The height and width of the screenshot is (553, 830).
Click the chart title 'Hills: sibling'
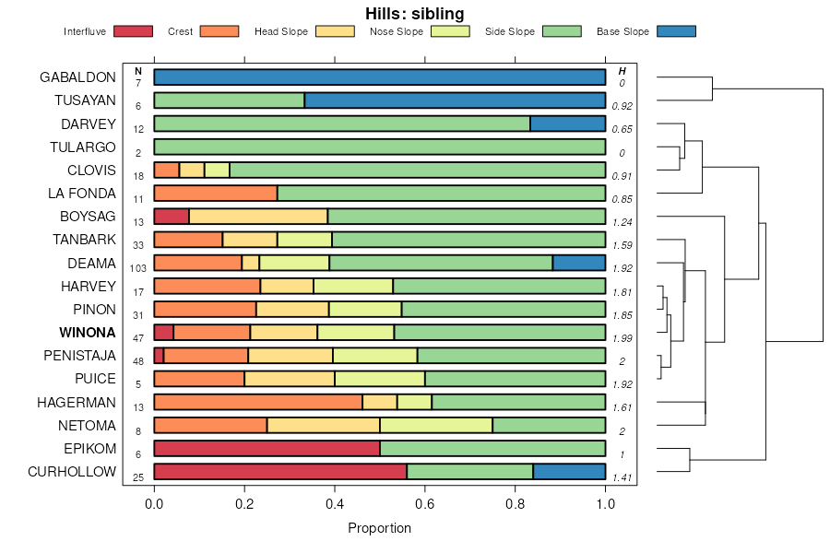click(414, 13)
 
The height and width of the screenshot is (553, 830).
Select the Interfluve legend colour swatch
click(133, 31)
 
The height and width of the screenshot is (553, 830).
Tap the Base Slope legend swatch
click(676, 31)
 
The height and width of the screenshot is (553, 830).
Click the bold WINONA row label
click(88, 332)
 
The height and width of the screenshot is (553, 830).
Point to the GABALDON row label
click(77, 76)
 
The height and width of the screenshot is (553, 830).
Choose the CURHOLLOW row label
click(72, 472)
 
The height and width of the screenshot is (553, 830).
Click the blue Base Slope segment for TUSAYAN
click(455, 100)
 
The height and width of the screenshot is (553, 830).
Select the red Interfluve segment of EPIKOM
click(267, 449)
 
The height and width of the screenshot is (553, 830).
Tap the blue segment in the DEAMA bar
click(578, 263)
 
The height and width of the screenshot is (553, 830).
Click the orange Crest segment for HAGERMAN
click(258, 402)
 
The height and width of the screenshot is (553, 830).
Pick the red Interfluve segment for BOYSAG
click(172, 217)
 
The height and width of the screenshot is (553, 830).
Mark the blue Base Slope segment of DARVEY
click(567, 124)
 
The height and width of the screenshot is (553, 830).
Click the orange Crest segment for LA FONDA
click(215, 194)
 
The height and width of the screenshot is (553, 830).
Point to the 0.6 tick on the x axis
click(424, 503)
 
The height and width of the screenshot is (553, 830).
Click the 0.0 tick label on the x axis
click(154, 503)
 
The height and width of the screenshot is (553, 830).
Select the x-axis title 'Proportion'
click(379, 528)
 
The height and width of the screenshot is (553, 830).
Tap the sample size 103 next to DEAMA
click(138, 268)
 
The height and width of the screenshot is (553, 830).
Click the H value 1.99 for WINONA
click(622, 337)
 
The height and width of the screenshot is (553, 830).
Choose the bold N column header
click(138, 71)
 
